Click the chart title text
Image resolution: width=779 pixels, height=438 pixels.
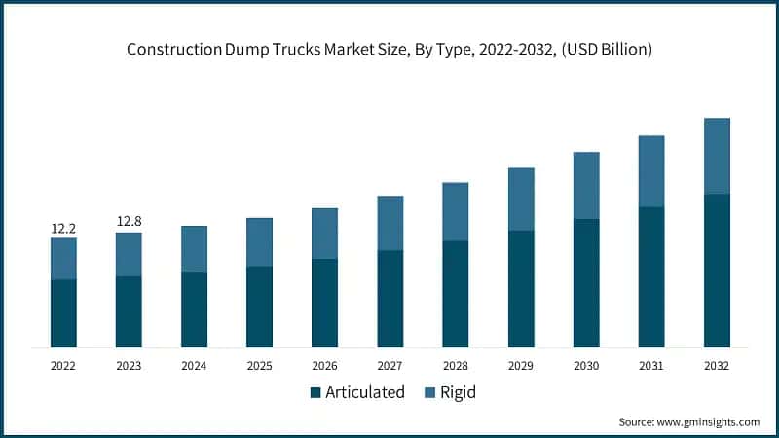click(389, 49)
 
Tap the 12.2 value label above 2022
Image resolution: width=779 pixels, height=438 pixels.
click(63, 229)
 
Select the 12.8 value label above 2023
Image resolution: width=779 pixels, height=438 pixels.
click(129, 222)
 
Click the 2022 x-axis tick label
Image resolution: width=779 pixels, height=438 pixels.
click(63, 365)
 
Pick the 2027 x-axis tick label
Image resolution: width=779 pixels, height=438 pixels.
click(389, 365)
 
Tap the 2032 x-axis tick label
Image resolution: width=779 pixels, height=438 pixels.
click(716, 365)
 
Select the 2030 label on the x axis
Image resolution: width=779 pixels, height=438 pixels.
click(585, 365)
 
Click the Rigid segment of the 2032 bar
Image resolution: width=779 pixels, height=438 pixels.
click(716, 156)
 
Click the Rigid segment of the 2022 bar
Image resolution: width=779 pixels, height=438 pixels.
click(63, 259)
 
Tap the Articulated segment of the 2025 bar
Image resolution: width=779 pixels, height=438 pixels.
click(259, 307)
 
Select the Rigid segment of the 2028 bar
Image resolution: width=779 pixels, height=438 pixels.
click(455, 212)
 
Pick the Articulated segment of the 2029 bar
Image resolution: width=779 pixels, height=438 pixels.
click(520, 288)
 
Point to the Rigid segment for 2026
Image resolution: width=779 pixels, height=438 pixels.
click(324, 234)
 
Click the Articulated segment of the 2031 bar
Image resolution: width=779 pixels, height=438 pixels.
click(650, 277)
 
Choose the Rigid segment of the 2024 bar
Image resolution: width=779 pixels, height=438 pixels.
click(194, 249)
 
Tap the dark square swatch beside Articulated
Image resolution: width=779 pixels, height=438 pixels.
click(315, 393)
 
